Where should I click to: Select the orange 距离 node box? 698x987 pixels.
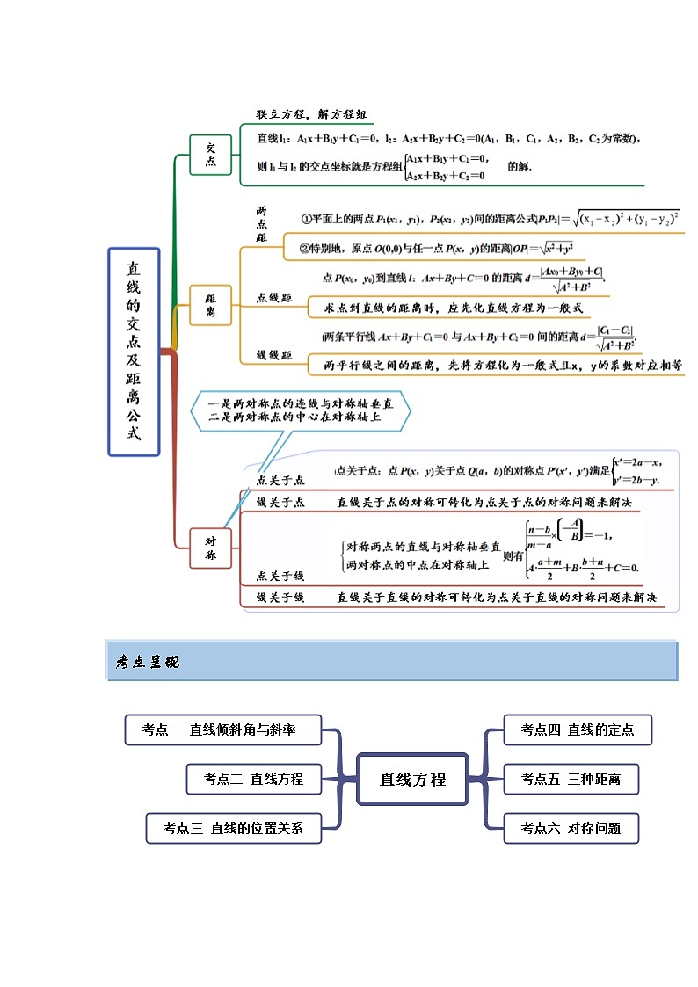coord(210,305)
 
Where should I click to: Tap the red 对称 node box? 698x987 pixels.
coord(211,548)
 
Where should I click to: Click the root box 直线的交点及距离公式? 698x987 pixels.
coord(134,352)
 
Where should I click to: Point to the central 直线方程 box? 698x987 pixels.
coord(412,779)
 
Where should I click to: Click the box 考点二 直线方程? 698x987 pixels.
coord(253,778)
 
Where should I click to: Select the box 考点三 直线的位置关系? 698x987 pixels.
coord(233,827)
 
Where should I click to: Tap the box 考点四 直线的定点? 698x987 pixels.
coord(578,729)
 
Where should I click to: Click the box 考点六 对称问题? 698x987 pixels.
coord(571,827)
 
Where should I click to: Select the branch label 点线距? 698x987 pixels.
coord(274,298)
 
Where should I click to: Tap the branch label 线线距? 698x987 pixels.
coord(274,354)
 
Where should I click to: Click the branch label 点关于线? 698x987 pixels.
coord(280,576)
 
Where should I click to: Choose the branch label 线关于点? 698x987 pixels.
coord(280,502)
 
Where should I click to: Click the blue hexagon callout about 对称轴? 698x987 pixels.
coord(299,410)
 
